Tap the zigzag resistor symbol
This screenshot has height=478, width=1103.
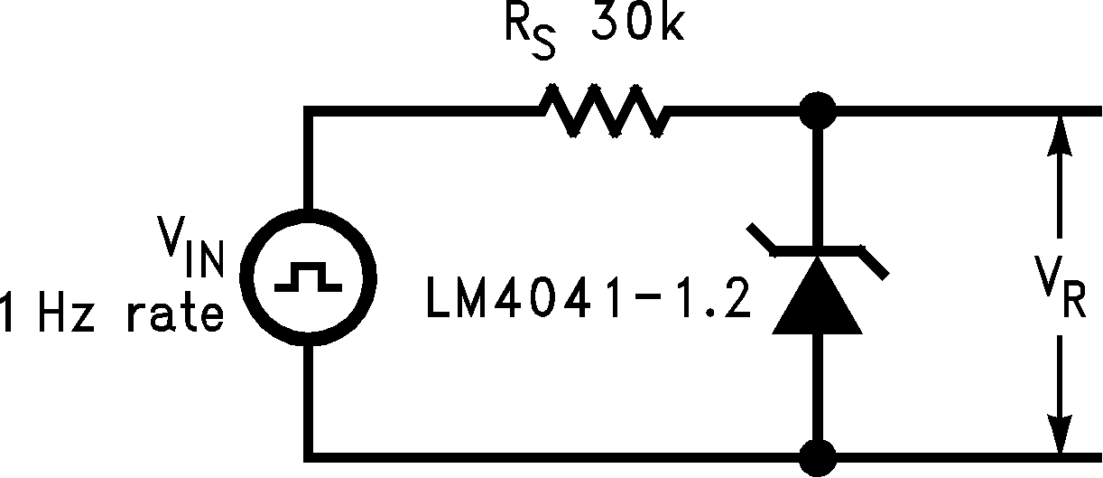[603, 111]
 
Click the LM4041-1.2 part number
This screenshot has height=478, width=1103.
[587, 302]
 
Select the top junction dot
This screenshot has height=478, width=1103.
[819, 110]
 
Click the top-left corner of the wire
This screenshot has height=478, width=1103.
[309, 111]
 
